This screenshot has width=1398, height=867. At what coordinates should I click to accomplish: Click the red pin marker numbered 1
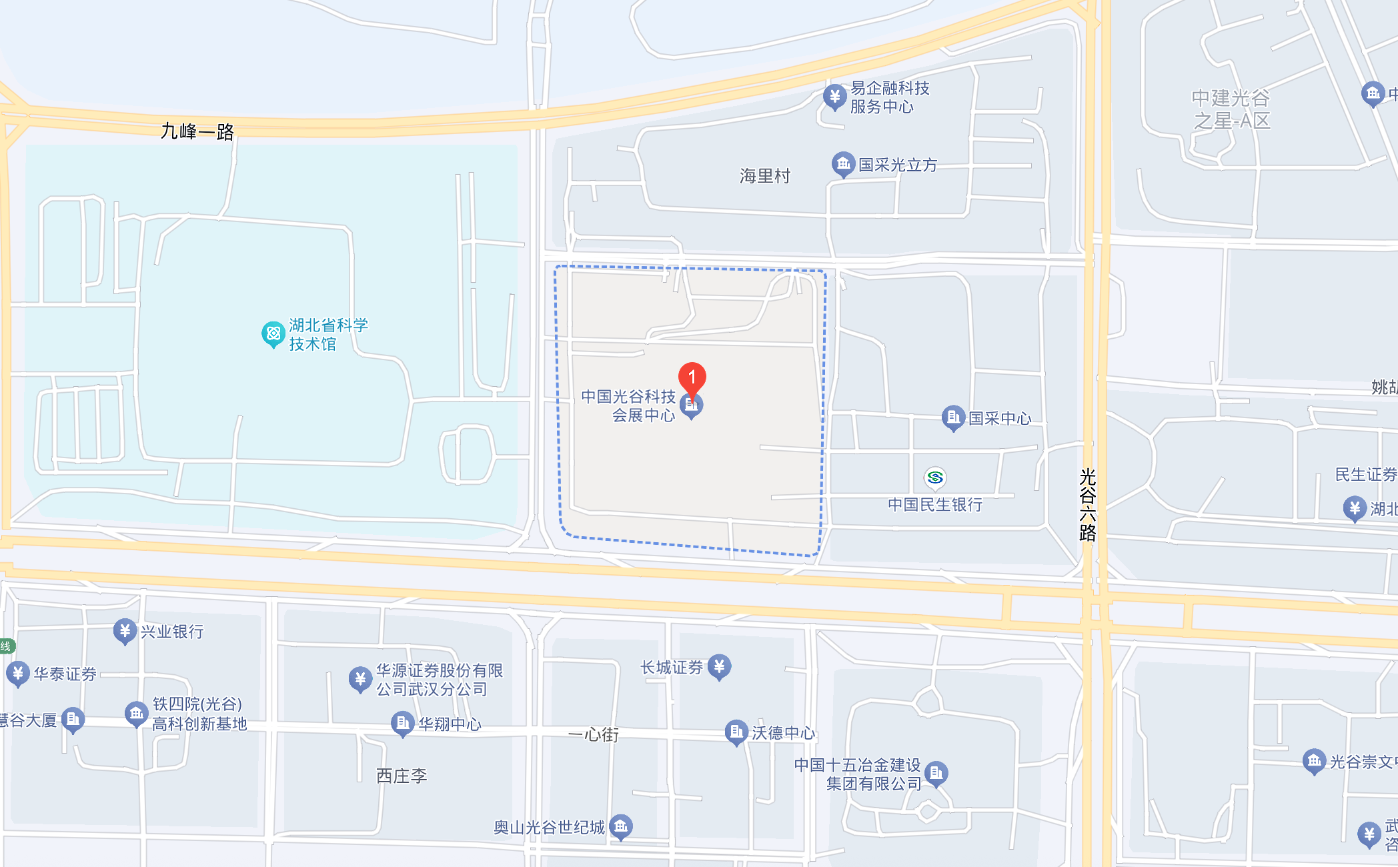pos(692,377)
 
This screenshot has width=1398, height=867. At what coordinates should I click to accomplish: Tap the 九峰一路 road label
pos(197,131)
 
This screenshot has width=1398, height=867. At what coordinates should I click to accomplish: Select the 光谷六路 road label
pos(1088,504)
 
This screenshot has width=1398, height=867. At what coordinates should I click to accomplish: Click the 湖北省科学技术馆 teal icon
pos(273,333)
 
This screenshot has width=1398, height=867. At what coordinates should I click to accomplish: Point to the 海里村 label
pos(764,176)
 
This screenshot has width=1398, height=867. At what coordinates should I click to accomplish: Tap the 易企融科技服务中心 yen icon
pos(834,97)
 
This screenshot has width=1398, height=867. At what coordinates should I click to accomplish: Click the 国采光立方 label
pos(897,165)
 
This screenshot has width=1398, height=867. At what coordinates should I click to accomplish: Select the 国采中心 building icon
pos(953,417)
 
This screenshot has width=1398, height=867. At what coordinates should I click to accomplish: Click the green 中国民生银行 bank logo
pos(935,478)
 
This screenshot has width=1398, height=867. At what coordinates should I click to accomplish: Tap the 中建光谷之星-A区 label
pos(1231,110)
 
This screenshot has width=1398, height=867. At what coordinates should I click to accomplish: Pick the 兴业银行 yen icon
pos(125,630)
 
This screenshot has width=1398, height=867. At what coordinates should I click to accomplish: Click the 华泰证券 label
pos(65,674)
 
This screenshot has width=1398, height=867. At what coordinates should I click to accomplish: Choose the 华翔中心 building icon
pos(402,723)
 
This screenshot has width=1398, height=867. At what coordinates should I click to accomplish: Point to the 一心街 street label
pos(593,734)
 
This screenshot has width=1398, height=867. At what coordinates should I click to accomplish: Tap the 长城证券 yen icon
pos(719,666)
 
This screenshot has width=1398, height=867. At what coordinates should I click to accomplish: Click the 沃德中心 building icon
pos(736,732)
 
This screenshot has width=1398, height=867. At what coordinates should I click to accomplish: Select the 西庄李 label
pos(402,776)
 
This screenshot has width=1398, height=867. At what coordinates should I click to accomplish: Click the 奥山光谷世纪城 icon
pos(621,827)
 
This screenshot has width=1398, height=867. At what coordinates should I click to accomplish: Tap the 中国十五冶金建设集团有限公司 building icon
pos(936,773)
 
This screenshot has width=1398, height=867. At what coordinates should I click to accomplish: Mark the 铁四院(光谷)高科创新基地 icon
pos(137,714)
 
